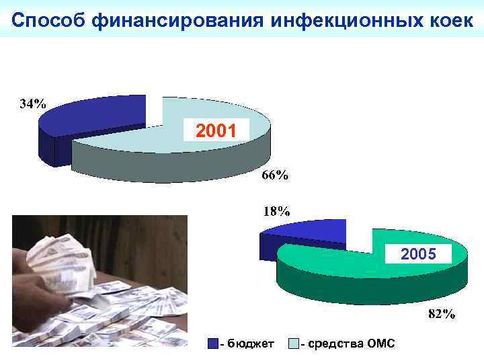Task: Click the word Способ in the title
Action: [x=48, y=20]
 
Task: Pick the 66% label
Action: [x=274, y=175]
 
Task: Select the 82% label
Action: [x=441, y=313]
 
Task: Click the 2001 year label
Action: [x=216, y=129]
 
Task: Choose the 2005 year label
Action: [x=419, y=254]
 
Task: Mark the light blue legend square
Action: [x=293, y=344]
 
